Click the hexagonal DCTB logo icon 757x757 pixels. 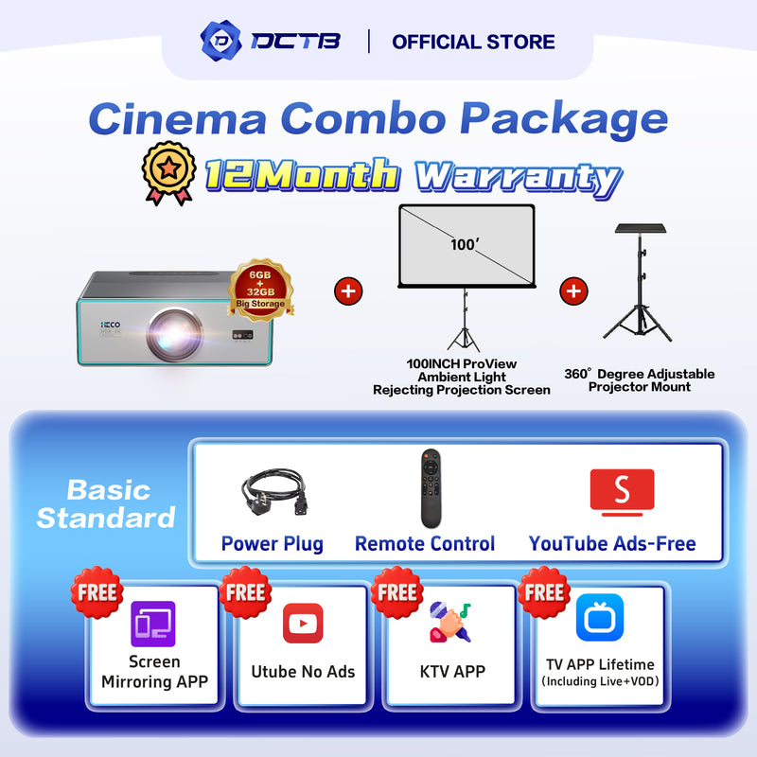point(221,41)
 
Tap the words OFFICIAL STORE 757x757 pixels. point(473,42)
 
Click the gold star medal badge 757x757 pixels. point(168,172)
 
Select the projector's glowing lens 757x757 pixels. point(175,334)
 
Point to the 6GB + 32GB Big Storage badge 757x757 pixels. point(261,290)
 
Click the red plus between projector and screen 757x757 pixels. point(348,291)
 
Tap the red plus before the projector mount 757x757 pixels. point(573,291)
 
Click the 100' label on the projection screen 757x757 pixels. point(465,244)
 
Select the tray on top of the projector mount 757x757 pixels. point(641,228)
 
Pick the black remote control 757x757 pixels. point(431,488)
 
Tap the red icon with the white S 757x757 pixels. point(622,492)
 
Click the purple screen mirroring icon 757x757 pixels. point(153,624)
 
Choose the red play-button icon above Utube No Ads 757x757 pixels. point(303,624)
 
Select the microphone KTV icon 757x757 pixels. point(450,622)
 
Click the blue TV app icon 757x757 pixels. point(600,618)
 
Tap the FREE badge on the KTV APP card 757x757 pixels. point(396,592)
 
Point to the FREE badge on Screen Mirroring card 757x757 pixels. point(97,592)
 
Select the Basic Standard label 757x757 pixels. point(106,504)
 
